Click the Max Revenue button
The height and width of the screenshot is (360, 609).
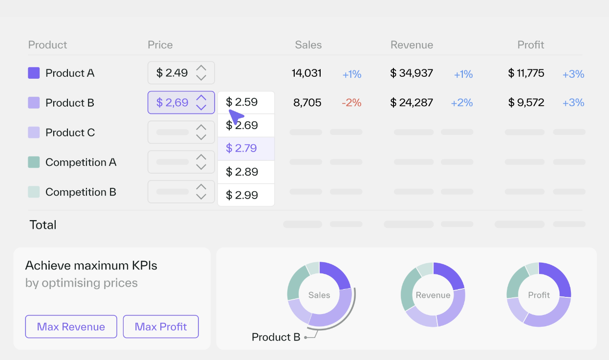pyautogui.click(x=71, y=327)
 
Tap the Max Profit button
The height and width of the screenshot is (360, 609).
pyautogui.click(x=161, y=327)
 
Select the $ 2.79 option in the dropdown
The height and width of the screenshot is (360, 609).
pyautogui.click(x=246, y=148)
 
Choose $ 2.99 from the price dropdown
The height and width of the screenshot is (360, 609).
pyautogui.click(x=246, y=195)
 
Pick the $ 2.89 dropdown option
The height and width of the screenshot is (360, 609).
pyautogui.click(x=246, y=172)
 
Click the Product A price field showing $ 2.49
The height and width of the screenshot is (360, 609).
pyautogui.click(x=173, y=73)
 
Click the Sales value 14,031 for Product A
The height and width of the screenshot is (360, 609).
pyautogui.click(x=306, y=73)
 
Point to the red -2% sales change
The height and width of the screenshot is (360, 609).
pyautogui.click(x=351, y=103)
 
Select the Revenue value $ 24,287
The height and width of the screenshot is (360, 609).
pyautogui.click(x=412, y=103)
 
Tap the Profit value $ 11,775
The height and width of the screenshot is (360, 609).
pyautogui.click(x=526, y=73)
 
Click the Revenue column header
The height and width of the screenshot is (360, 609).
pyautogui.click(x=412, y=45)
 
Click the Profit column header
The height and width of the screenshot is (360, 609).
pyautogui.click(x=531, y=45)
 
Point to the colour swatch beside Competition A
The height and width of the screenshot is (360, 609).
pyautogui.click(x=34, y=162)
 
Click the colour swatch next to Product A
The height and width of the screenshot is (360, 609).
pyautogui.click(x=34, y=73)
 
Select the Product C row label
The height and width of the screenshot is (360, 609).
pyautogui.click(x=70, y=133)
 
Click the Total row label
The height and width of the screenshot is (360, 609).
pyautogui.click(x=43, y=225)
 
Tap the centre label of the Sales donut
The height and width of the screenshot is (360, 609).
pyautogui.click(x=319, y=295)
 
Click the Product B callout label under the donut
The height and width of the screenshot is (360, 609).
pyautogui.click(x=276, y=337)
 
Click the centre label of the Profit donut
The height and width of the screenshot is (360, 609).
pyautogui.click(x=539, y=295)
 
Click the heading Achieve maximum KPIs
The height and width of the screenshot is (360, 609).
pyautogui.click(x=91, y=266)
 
